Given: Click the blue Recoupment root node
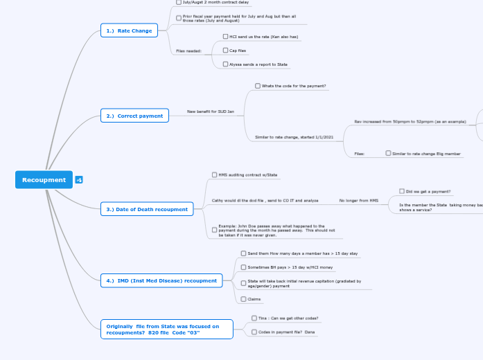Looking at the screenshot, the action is click(x=44, y=180).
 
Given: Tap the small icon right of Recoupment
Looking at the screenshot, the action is click(x=79, y=180).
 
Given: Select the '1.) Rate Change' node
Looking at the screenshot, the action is click(x=129, y=30).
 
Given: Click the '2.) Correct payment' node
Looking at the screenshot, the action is click(x=134, y=116).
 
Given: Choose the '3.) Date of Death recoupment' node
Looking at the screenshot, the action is click(x=147, y=208).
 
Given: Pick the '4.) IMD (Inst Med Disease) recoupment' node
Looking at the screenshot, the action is click(x=161, y=280).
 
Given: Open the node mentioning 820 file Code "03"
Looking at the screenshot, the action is click(x=166, y=329).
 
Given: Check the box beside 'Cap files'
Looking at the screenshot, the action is click(x=225, y=51).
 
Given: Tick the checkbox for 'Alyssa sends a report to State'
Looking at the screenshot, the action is click(x=225, y=64).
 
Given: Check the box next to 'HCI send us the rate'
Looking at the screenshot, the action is click(x=225, y=36).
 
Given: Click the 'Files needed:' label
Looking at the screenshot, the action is click(x=188, y=51).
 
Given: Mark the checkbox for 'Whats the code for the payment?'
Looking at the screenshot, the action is click(x=258, y=86).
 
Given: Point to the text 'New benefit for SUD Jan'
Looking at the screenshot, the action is click(x=211, y=111).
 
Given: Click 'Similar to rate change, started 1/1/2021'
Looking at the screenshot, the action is click(x=294, y=137).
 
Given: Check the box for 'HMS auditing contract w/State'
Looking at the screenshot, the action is click(x=214, y=174).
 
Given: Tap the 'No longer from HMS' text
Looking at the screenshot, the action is click(x=358, y=200).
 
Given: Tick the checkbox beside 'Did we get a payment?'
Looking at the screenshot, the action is click(x=402, y=191).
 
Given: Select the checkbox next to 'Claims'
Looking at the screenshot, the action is click(x=243, y=299).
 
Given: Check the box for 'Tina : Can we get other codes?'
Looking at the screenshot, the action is click(x=254, y=318).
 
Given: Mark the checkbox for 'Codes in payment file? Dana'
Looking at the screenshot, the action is click(x=254, y=332).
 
